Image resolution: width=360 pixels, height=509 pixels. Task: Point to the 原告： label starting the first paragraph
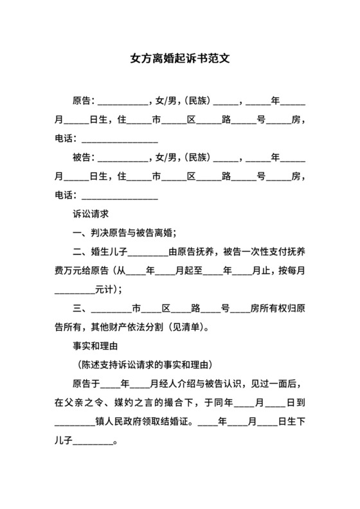coord(84,101)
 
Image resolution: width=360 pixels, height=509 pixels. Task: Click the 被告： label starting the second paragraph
coord(84,157)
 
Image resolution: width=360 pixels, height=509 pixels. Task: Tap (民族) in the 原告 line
coord(197,101)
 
